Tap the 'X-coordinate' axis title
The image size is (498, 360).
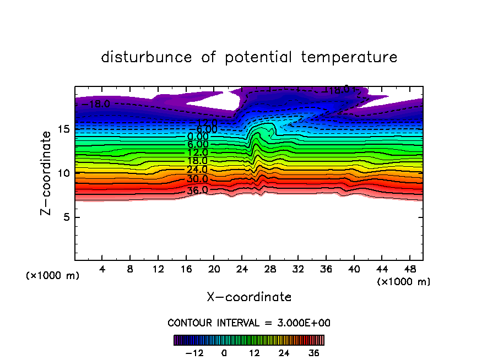(249, 297)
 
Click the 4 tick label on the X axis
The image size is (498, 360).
(102, 270)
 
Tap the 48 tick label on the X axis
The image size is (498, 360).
(409, 270)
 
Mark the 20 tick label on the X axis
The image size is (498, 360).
(214, 270)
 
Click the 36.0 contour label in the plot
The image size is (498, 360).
(197, 190)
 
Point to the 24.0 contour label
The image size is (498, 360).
(197, 170)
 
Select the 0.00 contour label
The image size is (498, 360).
(197, 137)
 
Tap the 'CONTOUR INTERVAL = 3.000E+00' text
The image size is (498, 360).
(249, 323)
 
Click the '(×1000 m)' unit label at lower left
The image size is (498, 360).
(53, 276)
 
